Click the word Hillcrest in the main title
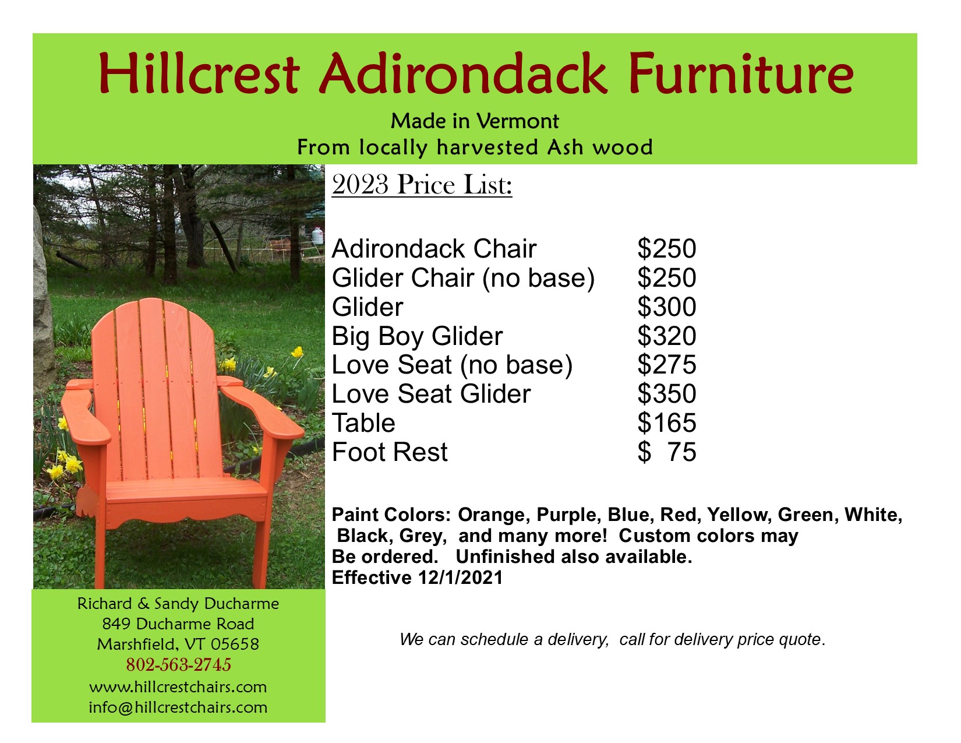pos(199,73)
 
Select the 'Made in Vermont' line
pos(475,121)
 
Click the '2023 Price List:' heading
pos(422,185)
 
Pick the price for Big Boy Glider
pos(666,336)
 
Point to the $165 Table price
pos(666,422)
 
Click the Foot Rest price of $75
pos(666,452)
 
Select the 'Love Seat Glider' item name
pos(431,393)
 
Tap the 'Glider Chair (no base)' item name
pos(463,279)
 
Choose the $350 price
pos(666,393)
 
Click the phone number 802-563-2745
pos(179,665)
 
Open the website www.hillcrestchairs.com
pos(178,687)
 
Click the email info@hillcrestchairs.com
pos(178,707)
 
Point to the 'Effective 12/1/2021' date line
pos(417,578)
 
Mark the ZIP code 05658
pos(235,645)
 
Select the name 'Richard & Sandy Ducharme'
pos(178,604)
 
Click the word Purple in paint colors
pos(568,515)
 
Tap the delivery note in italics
pos(613,639)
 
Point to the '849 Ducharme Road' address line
pos(178,624)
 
